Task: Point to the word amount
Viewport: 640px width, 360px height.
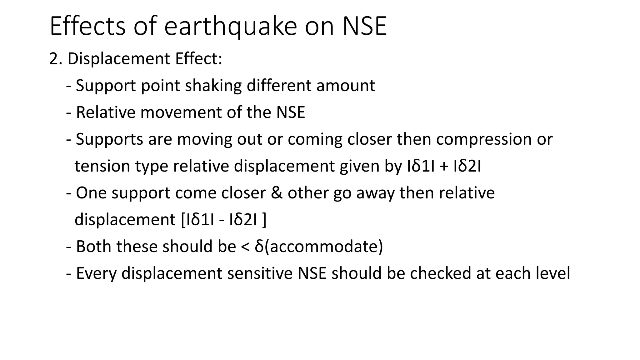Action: [345, 86]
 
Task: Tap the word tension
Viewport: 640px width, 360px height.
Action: [102, 166]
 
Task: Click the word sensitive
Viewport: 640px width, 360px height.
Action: [260, 273]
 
